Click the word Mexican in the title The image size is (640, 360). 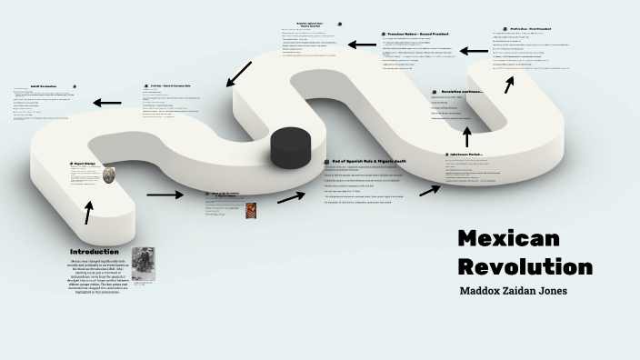(x=508, y=239)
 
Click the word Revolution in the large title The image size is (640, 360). (x=525, y=267)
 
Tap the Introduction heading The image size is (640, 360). (x=95, y=252)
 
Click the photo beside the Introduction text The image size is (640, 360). (x=143, y=264)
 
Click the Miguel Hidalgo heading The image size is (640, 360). (x=85, y=165)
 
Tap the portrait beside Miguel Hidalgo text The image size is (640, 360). (x=109, y=175)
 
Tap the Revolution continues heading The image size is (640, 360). (x=462, y=91)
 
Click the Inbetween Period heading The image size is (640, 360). (x=469, y=155)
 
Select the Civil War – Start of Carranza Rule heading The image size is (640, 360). (x=176, y=86)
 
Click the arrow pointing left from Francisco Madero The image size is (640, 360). (x=362, y=44)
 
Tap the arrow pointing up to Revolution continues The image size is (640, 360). (x=467, y=135)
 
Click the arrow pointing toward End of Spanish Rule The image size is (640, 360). (x=291, y=196)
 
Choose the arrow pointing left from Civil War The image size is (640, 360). (x=106, y=103)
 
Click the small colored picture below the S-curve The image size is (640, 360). (x=250, y=210)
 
